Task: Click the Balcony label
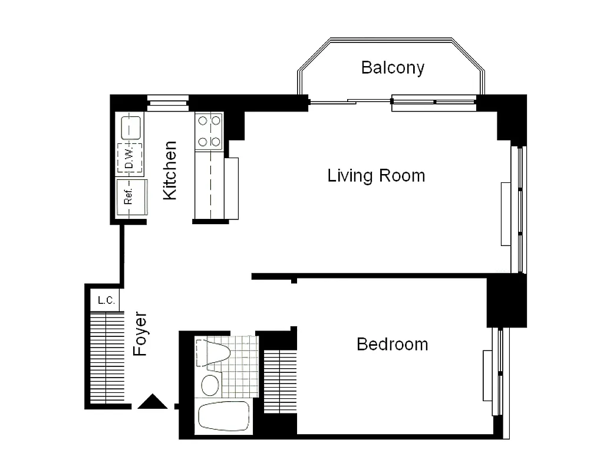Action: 393,67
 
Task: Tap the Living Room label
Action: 376,176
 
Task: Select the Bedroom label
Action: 393,344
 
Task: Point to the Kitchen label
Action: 170,170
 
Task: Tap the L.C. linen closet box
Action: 106,300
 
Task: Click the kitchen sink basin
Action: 131,127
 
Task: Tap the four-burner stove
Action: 209,131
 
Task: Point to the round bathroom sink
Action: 210,385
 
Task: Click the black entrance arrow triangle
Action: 153,402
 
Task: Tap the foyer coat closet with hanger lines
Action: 106,357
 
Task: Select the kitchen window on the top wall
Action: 167,103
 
